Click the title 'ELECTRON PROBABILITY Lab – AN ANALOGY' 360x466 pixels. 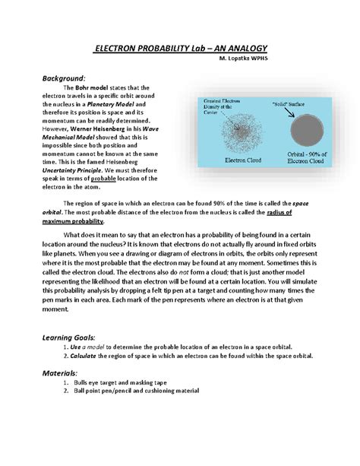click(179, 49)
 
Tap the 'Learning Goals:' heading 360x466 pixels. click(69, 336)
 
